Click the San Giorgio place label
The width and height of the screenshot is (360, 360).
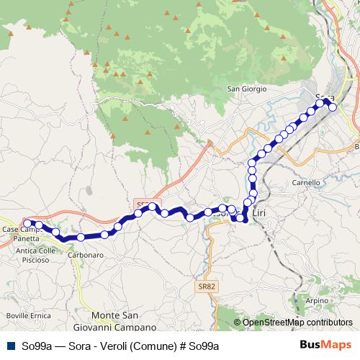(247, 89)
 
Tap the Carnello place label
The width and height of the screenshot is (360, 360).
(306, 183)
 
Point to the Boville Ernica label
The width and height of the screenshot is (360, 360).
(26, 316)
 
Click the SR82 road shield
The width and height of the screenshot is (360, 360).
(206, 287)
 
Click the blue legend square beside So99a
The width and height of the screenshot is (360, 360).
(9, 346)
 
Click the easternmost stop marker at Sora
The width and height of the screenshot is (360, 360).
(333, 107)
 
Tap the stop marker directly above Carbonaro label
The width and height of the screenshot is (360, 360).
(81, 237)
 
